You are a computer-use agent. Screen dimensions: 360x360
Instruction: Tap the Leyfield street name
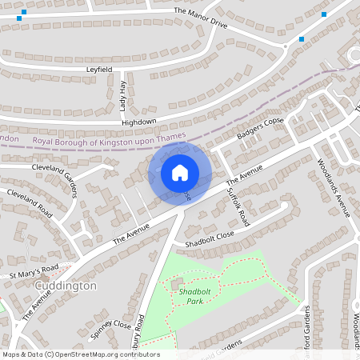100,70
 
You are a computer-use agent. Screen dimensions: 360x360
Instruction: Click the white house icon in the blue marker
180,172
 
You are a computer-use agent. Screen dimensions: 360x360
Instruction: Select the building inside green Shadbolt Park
177,284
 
